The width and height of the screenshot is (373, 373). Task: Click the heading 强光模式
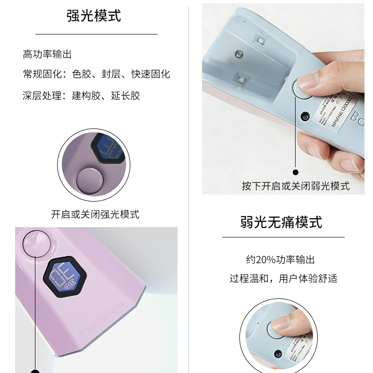[x=93, y=15]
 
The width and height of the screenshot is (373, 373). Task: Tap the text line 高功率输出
[x=47, y=54]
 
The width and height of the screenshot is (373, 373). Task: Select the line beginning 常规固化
[x=96, y=74]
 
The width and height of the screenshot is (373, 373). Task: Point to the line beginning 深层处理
[x=81, y=96]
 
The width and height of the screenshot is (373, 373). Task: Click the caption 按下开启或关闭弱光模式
[x=296, y=186]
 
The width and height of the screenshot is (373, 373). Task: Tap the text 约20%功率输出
[x=280, y=260]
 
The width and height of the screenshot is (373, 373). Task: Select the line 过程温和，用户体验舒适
[x=283, y=279]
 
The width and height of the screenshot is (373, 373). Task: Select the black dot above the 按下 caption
[x=296, y=172]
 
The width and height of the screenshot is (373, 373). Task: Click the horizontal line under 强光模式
[x=96, y=34]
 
